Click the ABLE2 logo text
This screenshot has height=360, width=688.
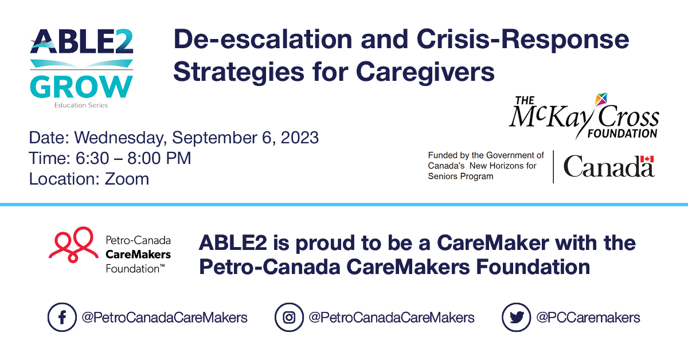click(x=81, y=42)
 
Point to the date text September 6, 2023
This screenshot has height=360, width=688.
click(x=245, y=138)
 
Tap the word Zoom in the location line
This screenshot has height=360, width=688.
click(x=127, y=179)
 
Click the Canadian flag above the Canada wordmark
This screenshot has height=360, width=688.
click(x=647, y=159)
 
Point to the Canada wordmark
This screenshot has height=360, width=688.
click(x=608, y=167)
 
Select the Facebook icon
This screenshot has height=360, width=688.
click(x=61, y=317)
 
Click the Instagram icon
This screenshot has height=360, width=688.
click(x=289, y=317)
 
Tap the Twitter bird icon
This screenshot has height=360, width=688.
click(x=516, y=317)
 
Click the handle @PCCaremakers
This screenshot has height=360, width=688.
click(x=588, y=318)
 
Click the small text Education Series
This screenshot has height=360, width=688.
click(x=81, y=105)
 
